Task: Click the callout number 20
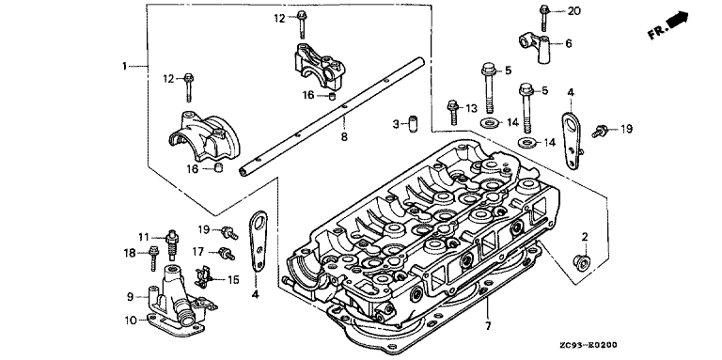coord(573,11)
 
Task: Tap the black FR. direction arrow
coord(677,21)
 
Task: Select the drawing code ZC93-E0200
coord(588,345)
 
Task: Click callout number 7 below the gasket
coord(488,326)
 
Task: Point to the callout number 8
coord(344,136)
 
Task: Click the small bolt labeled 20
coord(543,18)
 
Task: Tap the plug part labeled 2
coord(582,261)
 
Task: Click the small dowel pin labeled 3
coord(412,124)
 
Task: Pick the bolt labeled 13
coord(451,112)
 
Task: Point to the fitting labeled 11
coord(172,245)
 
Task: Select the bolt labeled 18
coord(152,258)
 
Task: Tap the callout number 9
coord(131,297)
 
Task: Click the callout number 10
coord(131,319)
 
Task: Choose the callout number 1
coord(124,67)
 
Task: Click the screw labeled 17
coord(227,253)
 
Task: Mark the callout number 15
coord(233,279)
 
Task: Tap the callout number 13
coord(472,108)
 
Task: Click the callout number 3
coord(396,123)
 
